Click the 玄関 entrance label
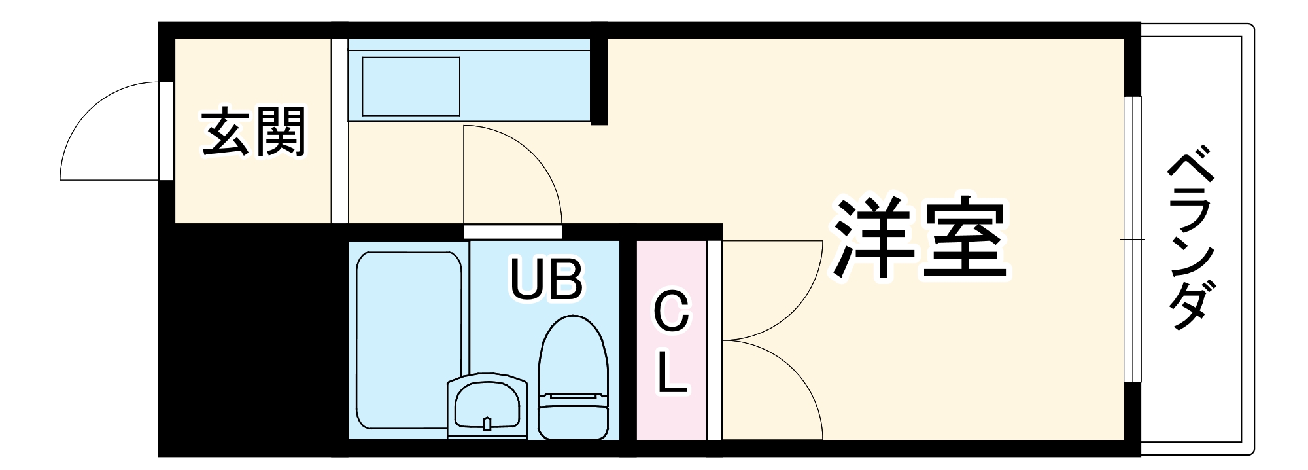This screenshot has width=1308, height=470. [x=254, y=132]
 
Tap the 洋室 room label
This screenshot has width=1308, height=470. [x=921, y=239]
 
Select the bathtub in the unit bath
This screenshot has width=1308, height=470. [x=409, y=340]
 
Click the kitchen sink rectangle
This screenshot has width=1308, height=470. [x=411, y=86]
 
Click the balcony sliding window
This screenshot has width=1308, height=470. [x=1132, y=239]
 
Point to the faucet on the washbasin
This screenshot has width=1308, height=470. [x=487, y=424]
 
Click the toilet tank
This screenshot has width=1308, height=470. [x=573, y=416]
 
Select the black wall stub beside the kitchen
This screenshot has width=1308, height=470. [x=599, y=80]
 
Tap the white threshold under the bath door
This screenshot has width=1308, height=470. [x=512, y=232]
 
